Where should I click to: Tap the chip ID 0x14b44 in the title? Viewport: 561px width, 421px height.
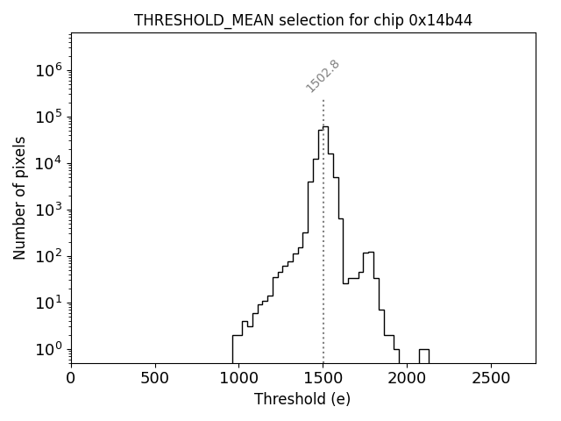[441, 20]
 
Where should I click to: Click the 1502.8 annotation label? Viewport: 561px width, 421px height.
[323, 75]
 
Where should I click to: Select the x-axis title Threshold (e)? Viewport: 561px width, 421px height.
[302, 399]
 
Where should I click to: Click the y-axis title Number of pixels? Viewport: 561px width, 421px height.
[19, 197]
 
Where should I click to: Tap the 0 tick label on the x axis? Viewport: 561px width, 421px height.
[71, 378]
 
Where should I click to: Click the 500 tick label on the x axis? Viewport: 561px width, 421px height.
[155, 378]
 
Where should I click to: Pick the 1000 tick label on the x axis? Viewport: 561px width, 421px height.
[239, 378]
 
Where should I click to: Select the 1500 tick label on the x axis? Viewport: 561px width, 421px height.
[323, 378]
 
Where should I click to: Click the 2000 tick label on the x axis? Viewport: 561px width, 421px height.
[407, 378]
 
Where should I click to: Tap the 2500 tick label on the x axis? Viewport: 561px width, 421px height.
[491, 378]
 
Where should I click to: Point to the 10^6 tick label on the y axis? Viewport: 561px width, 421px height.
[48, 71]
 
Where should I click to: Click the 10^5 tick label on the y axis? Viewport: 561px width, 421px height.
[48, 118]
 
